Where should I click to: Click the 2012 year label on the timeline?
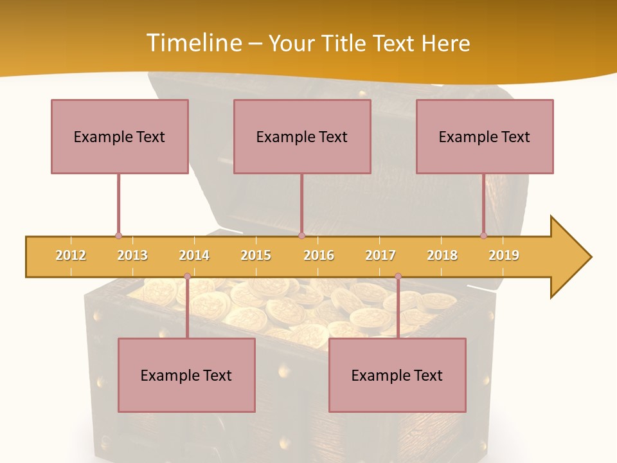[71, 255]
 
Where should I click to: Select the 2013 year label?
[132, 255]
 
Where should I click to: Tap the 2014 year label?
[194, 255]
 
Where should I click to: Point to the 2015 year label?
[256, 255]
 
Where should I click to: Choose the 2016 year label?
[319, 255]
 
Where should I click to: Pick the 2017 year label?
[380, 255]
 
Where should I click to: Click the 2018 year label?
[442, 255]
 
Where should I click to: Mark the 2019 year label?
[504, 255]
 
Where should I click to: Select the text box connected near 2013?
[120, 136]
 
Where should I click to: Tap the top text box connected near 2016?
[302, 136]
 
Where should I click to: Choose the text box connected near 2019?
[485, 136]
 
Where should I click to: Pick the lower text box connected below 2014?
[186, 375]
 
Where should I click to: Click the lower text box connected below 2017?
[397, 375]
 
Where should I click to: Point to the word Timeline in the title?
[193, 43]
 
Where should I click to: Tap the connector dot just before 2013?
[118, 236]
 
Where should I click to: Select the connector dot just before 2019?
[483, 236]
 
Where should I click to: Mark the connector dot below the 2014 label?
[187, 277]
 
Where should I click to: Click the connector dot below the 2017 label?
[398, 277]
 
